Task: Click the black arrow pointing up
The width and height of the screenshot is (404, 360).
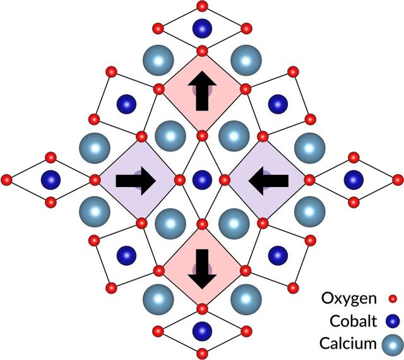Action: coord(202,92)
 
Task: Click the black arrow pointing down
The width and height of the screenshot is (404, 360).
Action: coord(202,268)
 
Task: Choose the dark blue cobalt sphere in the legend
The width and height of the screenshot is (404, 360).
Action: coord(391,321)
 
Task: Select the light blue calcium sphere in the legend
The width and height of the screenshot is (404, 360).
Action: coord(391,344)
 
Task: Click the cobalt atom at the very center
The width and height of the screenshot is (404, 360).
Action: coord(202,179)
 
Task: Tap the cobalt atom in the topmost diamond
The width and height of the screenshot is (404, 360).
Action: coord(202,28)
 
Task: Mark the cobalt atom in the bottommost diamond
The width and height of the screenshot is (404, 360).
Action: coord(202,330)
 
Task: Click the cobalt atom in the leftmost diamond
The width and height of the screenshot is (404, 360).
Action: coord(51,179)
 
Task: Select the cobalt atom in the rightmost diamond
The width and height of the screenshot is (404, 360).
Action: coord(353,179)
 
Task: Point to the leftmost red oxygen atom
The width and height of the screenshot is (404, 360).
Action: coord(7,180)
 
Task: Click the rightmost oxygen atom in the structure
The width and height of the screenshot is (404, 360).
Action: coord(398,180)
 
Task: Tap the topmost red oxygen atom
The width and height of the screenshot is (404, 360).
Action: coord(202,6)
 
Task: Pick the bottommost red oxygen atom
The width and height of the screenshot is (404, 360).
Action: coord(202,352)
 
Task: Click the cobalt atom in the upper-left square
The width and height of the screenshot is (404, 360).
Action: coord(127,104)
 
